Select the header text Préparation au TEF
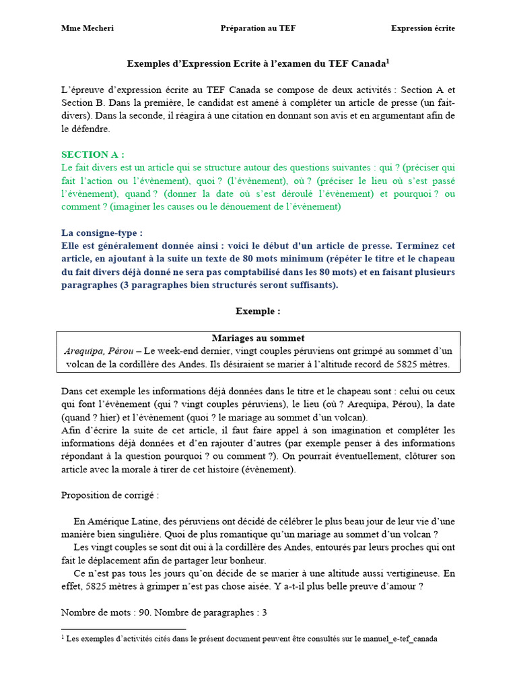[x=258, y=28]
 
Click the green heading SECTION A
[x=93, y=154]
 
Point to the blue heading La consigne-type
[x=102, y=232]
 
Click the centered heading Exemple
[x=258, y=311]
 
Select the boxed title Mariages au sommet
[x=258, y=338]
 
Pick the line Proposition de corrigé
[x=110, y=495]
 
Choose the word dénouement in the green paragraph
[x=255, y=207]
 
